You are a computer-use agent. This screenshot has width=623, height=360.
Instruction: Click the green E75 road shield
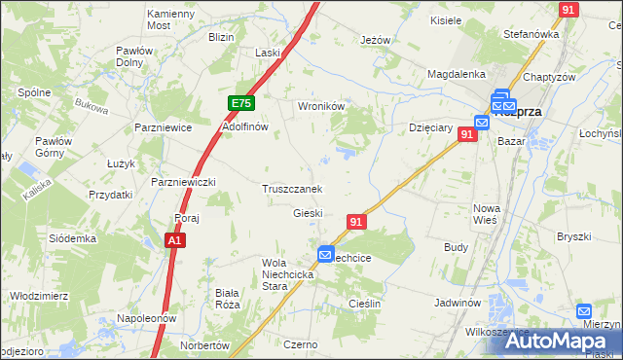click(x=242, y=103)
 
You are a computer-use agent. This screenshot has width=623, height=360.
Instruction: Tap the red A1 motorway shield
click(x=174, y=239)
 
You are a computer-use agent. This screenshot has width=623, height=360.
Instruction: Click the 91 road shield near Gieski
click(x=356, y=222)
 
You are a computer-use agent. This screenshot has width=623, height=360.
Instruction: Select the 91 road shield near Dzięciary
click(x=468, y=135)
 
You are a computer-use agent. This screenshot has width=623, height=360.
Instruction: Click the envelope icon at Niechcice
click(x=325, y=255)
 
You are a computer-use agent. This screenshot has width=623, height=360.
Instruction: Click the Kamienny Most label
click(x=171, y=20)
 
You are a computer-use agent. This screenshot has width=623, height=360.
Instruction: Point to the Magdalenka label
click(x=456, y=74)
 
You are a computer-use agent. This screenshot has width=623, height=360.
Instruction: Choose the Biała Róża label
click(x=227, y=298)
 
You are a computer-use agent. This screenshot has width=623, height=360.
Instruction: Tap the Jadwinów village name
click(x=459, y=303)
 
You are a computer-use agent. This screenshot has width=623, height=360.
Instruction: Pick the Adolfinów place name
click(x=244, y=127)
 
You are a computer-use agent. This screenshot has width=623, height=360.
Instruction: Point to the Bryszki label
click(x=574, y=236)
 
